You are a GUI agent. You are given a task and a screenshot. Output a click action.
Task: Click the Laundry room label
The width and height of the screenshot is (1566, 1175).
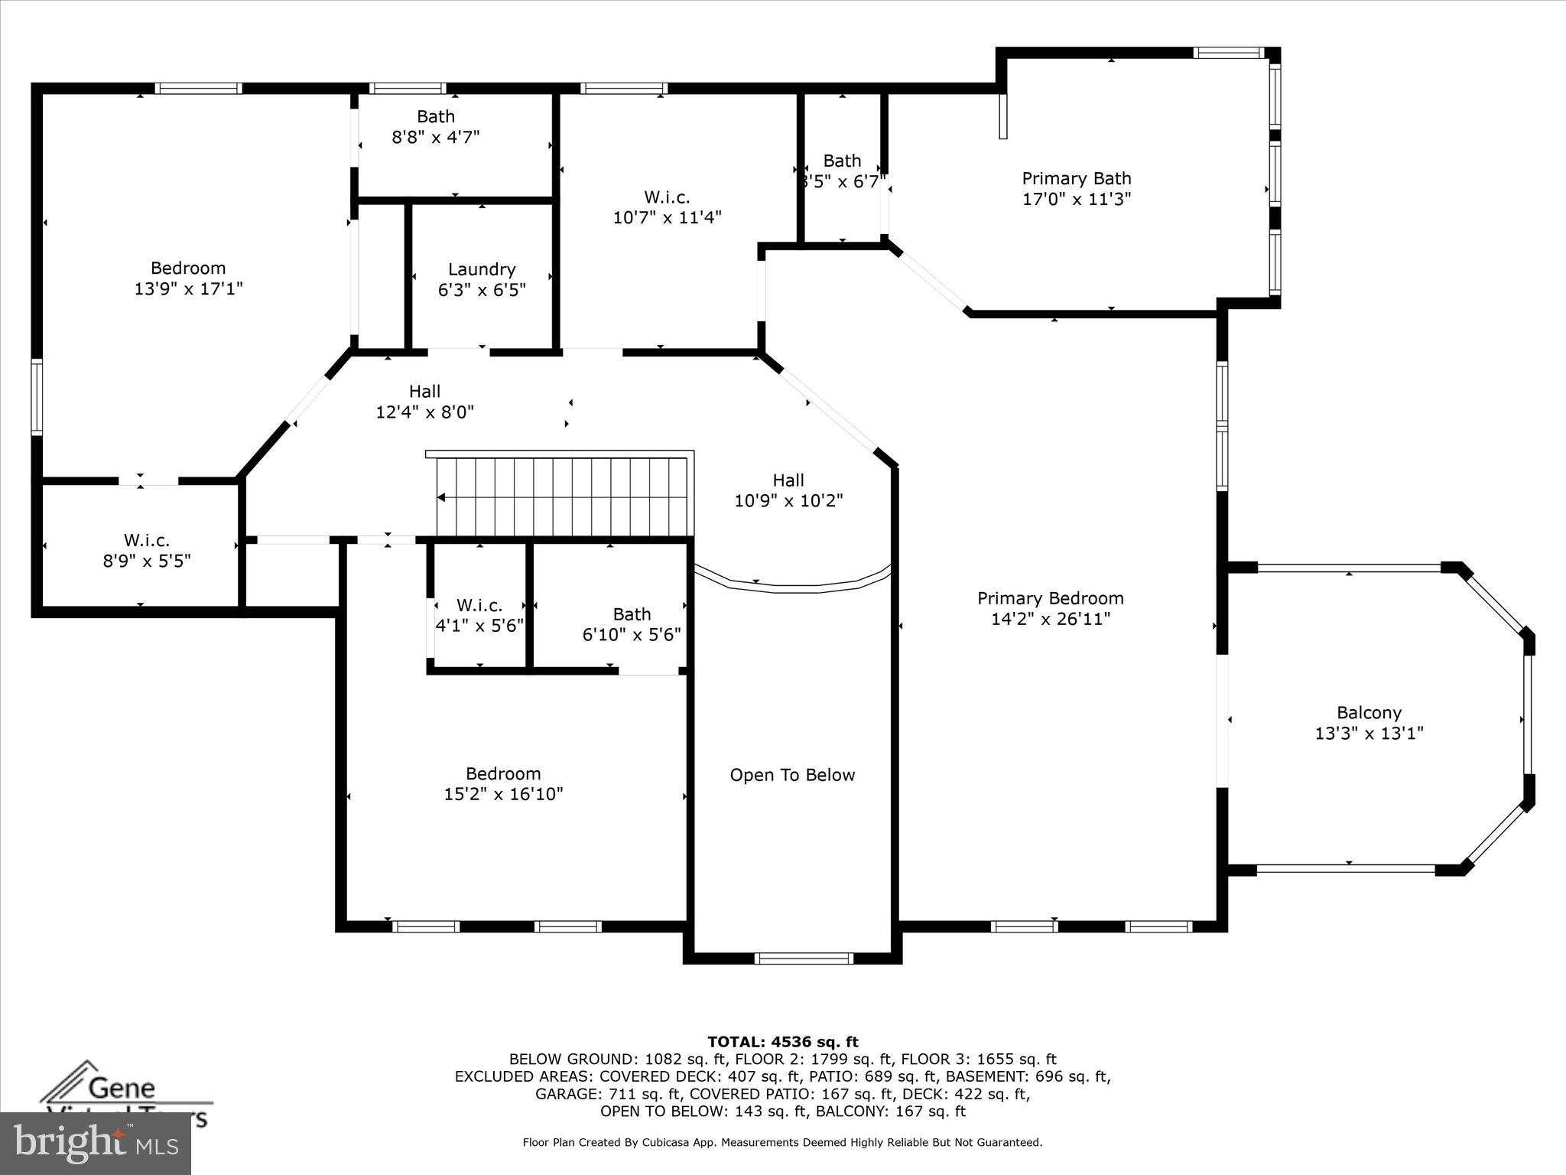tap(482, 269)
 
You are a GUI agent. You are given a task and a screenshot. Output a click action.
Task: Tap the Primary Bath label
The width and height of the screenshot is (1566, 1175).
tap(1077, 178)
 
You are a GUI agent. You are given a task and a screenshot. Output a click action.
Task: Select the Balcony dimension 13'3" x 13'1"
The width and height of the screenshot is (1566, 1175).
tap(1369, 733)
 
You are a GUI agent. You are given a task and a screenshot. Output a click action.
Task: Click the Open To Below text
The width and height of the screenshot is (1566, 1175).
tap(792, 775)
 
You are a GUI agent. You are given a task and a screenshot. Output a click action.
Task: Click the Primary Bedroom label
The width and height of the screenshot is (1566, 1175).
tap(1051, 598)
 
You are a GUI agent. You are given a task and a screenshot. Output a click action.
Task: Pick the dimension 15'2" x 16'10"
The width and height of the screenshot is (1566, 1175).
tap(503, 794)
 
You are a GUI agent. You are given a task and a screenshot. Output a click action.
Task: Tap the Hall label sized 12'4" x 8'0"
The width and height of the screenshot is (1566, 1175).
tap(424, 392)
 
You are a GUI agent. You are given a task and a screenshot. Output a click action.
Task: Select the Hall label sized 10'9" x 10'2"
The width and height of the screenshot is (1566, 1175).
tap(788, 480)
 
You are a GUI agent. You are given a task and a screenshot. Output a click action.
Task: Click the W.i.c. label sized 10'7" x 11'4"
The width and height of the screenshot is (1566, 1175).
tap(667, 197)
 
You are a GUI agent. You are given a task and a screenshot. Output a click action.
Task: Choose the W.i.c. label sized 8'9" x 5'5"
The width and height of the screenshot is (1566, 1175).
tap(147, 541)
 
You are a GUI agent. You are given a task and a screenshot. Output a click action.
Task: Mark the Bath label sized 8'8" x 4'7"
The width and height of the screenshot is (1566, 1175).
tap(436, 116)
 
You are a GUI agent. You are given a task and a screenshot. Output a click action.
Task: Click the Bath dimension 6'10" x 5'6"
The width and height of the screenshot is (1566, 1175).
tap(632, 635)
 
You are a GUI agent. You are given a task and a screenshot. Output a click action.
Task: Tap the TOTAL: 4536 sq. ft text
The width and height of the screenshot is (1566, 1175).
tap(783, 1042)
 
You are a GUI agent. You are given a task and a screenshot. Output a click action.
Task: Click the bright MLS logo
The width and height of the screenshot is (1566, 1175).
tap(96, 1144)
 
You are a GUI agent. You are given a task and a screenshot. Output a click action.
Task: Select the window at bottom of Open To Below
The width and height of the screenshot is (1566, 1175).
tap(804, 958)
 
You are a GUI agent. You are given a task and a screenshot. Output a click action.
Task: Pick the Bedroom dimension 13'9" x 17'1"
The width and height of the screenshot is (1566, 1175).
tap(188, 288)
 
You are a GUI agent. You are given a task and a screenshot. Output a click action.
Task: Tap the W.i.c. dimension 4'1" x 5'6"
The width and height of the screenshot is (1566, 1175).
tap(479, 626)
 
